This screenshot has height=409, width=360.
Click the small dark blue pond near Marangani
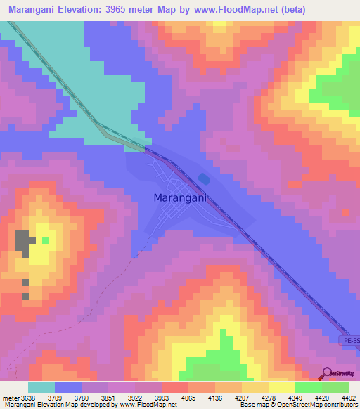(x=203, y=178)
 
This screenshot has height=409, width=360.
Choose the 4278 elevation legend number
(x=269, y=398)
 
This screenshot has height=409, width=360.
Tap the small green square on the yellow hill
(x=46, y=240)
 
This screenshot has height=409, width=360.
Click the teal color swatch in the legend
(x=41, y=387)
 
